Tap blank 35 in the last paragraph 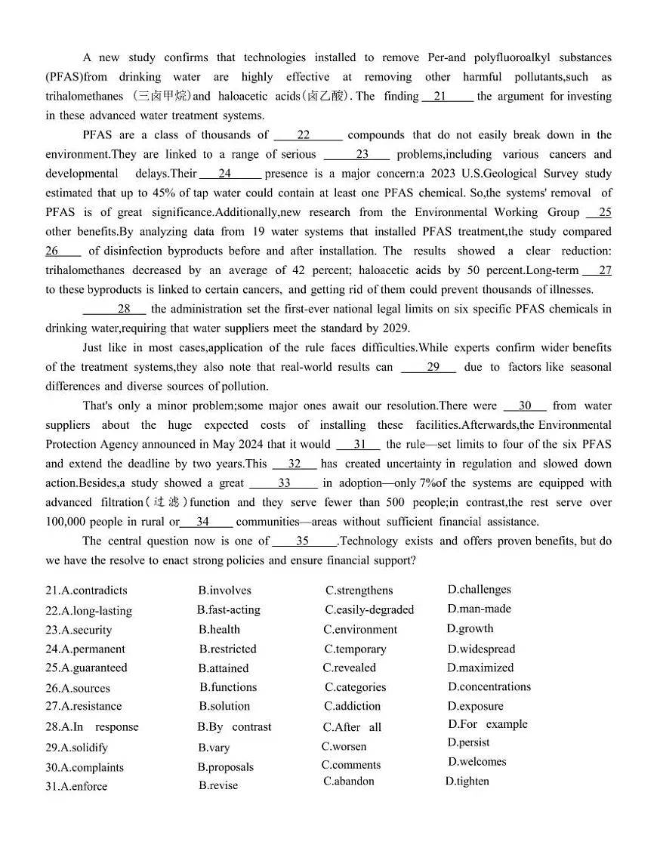click(x=304, y=541)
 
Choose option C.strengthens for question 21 click(x=359, y=590)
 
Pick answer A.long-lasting click(x=88, y=611)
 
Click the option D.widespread click(x=481, y=649)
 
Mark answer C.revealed click(x=349, y=668)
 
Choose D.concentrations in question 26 click(x=489, y=687)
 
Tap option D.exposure click(x=475, y=707)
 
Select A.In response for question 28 click(x=92, y=727)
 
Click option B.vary click(x=214, y=748)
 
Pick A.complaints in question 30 click(x=85, y=768)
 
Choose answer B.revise click(x=218, y=786)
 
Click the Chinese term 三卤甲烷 click(x=161, y=97)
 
